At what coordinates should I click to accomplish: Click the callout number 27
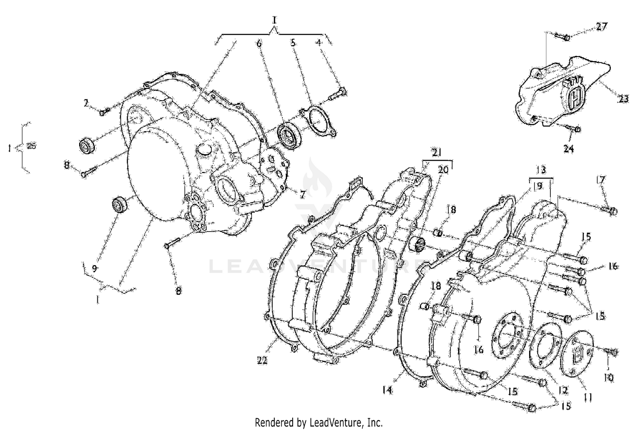click(x=601, y=26)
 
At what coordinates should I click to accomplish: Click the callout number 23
click(x=623, y=99)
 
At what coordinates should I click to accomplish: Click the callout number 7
click(x=302, y=195)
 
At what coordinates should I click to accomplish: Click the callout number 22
click(x=262, y=360)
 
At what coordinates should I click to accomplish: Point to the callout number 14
click(x=387, y=389)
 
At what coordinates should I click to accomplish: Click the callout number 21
click(x=437, y=153)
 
